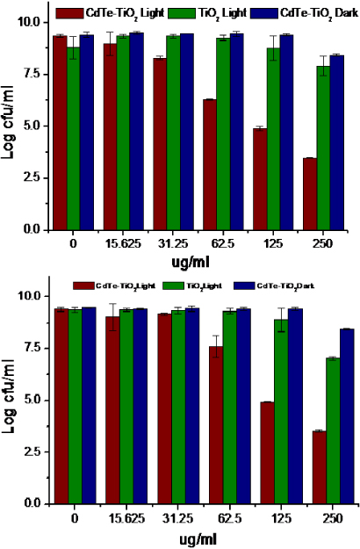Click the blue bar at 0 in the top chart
click(x=87, y=133)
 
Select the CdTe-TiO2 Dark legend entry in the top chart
click(x=297, y=13)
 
